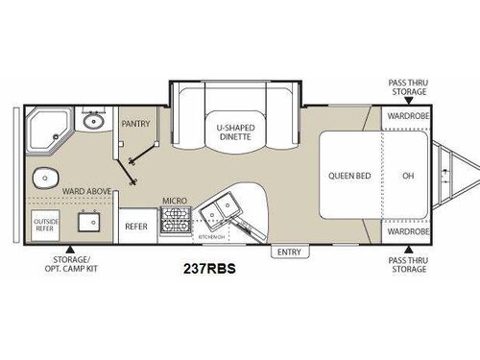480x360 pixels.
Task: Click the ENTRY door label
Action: [x=287, y=252]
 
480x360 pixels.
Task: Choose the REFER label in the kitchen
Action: [x=135, y=227]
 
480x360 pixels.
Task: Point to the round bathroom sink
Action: [x=92, y=123]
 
